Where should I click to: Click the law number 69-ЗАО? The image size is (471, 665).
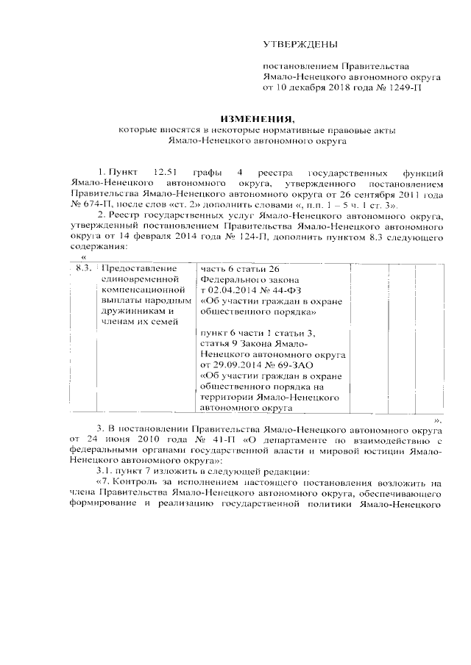(x=298, y=363)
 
